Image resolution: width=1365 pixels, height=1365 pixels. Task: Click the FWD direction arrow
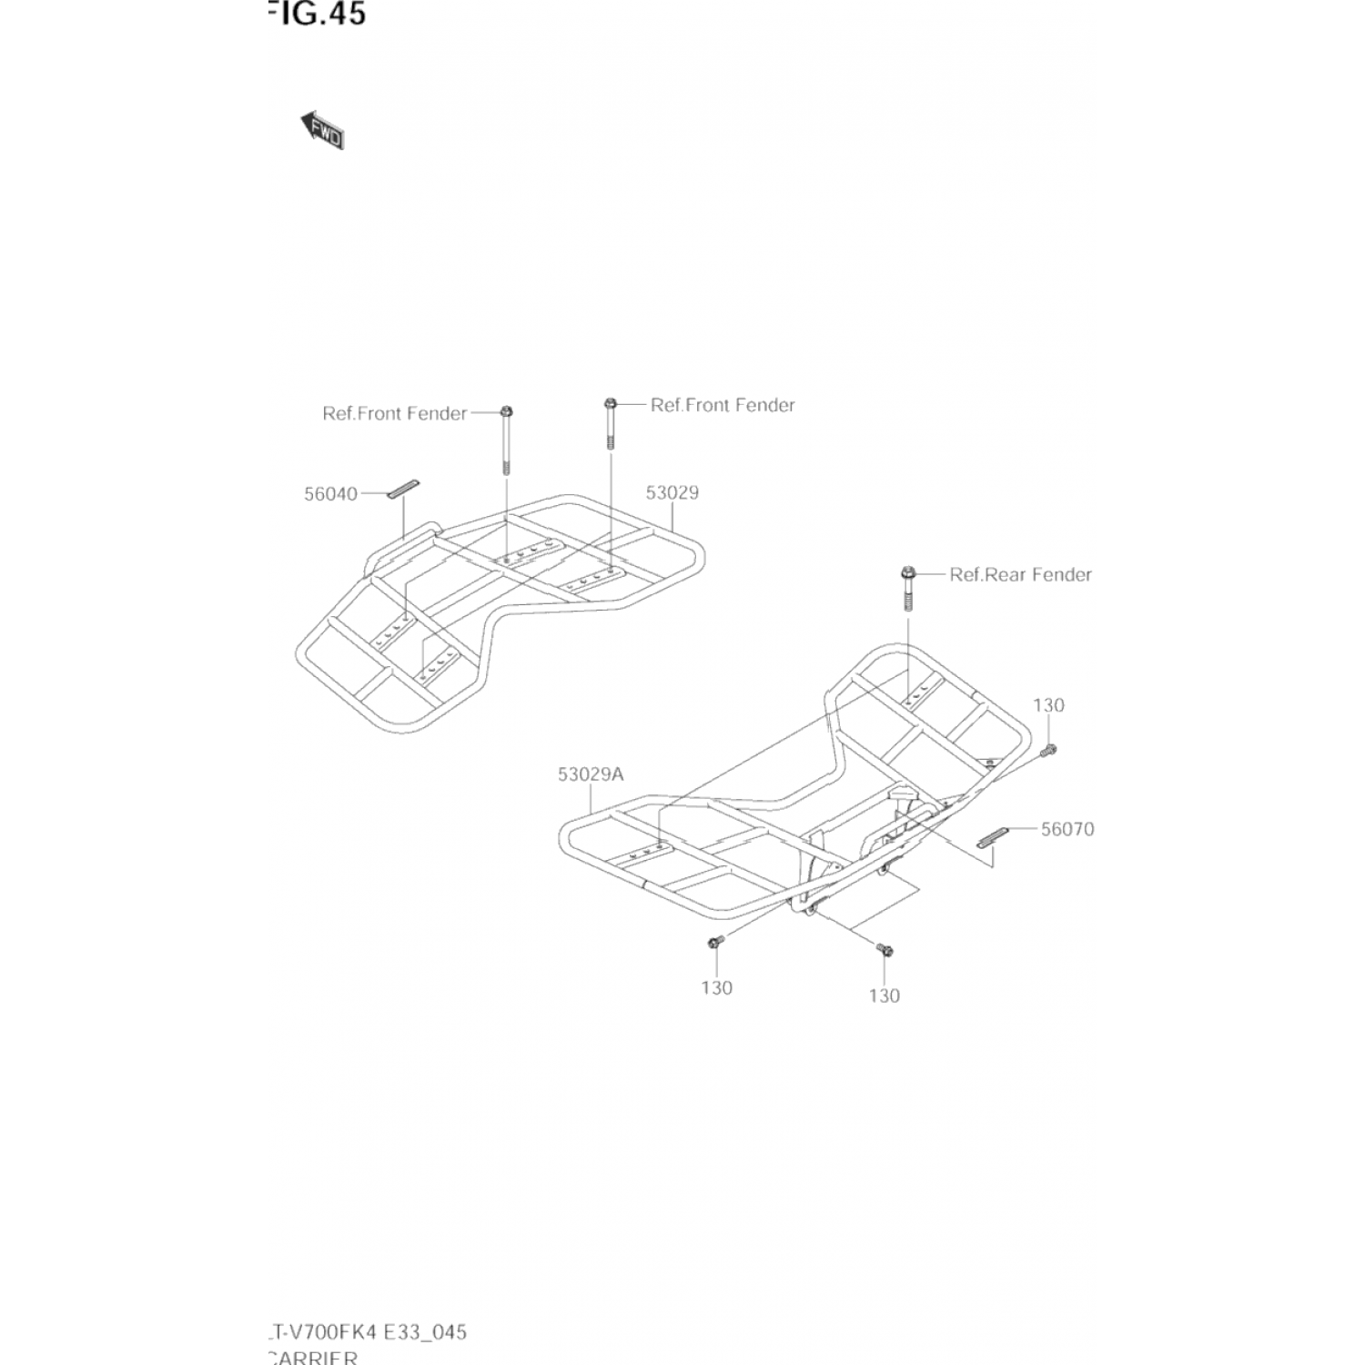321,130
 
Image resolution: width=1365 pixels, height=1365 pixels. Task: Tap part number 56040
330,494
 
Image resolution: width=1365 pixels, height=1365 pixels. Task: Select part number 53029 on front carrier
672,492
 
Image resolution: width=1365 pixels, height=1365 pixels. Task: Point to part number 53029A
591,774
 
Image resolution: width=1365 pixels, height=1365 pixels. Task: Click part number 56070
1067,829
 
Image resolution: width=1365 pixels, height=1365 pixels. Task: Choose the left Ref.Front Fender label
394,413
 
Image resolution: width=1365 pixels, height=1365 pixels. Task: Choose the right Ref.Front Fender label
723,405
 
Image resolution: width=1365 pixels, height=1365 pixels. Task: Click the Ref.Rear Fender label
1020,574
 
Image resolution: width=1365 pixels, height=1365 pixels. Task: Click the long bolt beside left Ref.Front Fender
506,439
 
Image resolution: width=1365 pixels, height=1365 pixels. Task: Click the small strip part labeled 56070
993,837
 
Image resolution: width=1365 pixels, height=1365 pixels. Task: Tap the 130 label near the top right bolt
1048,705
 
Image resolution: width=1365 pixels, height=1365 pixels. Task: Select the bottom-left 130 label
716,987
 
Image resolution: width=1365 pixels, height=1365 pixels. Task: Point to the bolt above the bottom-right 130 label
884,950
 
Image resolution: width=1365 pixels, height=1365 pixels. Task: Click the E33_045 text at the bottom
424,1332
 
